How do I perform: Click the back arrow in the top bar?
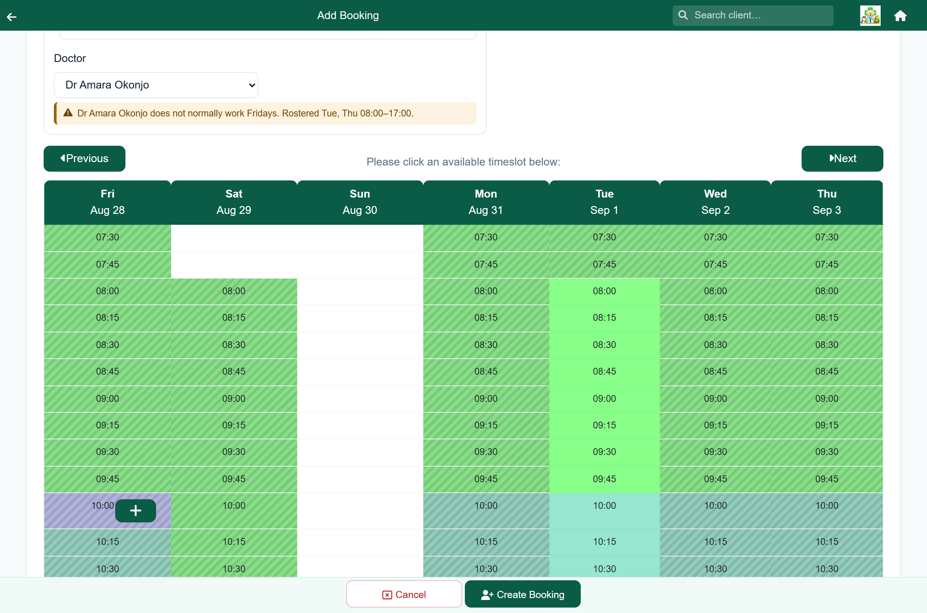(x=12, y=16)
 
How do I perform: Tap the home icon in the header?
(x=900, y=16)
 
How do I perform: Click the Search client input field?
(x=753, y=15)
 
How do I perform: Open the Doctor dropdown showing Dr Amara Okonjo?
(x=156, y=85)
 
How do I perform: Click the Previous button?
(x=85, y=158)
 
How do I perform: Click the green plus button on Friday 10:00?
(x=135, y=510)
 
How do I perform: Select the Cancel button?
(x=404, y=594)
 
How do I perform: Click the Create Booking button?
(x=522, y=594)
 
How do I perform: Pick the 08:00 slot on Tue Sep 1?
(x=604, y=291)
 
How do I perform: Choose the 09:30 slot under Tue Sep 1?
(x=604, y=452)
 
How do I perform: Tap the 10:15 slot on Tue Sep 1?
(x=604, y=542)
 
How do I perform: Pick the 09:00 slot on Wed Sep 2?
(x=715, y=399)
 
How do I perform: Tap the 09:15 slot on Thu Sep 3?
(x=827, y=425)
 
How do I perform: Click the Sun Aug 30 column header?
(x=360, y=202)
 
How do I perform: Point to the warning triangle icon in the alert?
(x=68, y=113)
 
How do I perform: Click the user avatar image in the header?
(x=870, y=16)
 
